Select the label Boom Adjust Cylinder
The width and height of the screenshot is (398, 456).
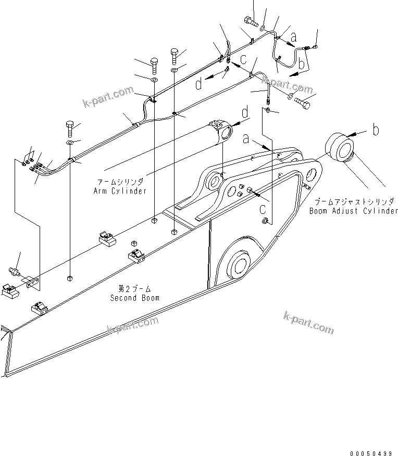354,211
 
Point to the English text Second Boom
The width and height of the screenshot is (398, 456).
135,298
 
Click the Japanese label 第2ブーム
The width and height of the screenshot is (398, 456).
134,288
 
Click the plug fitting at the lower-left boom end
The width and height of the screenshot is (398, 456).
15,273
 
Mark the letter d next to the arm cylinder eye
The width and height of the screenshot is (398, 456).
244,111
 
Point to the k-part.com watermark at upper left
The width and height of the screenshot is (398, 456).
108,97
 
